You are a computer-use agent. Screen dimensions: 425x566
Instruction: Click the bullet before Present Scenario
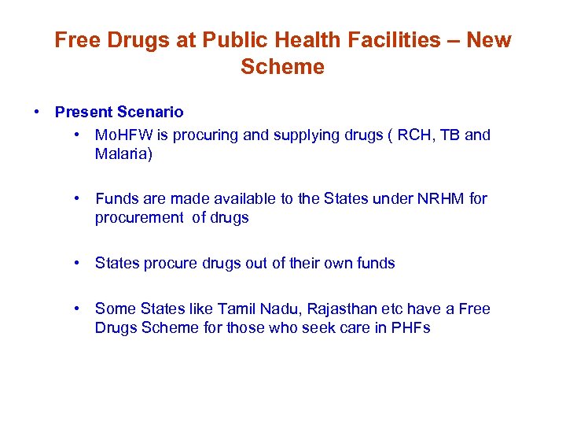(x=38, y=113)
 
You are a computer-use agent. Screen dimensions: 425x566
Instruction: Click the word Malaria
(x=123, y=153)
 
